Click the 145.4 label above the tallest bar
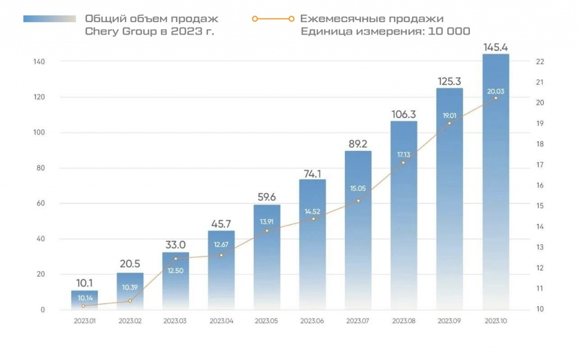click(x=496, y=46)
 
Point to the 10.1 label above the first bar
click(x=84, y=283)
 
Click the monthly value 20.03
click(x=496, y=90)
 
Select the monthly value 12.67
click(x=221, y=244)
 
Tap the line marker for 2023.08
click(x=403, y=163)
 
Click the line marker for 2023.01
click(x=84, y=306)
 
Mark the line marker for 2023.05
click(x=267, y=230)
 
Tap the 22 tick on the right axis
click(x=539, y=62)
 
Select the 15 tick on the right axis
click(x=539, y=206)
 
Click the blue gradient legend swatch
click(x=49, y=19)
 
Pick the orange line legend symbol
click(x=273, y=19)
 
